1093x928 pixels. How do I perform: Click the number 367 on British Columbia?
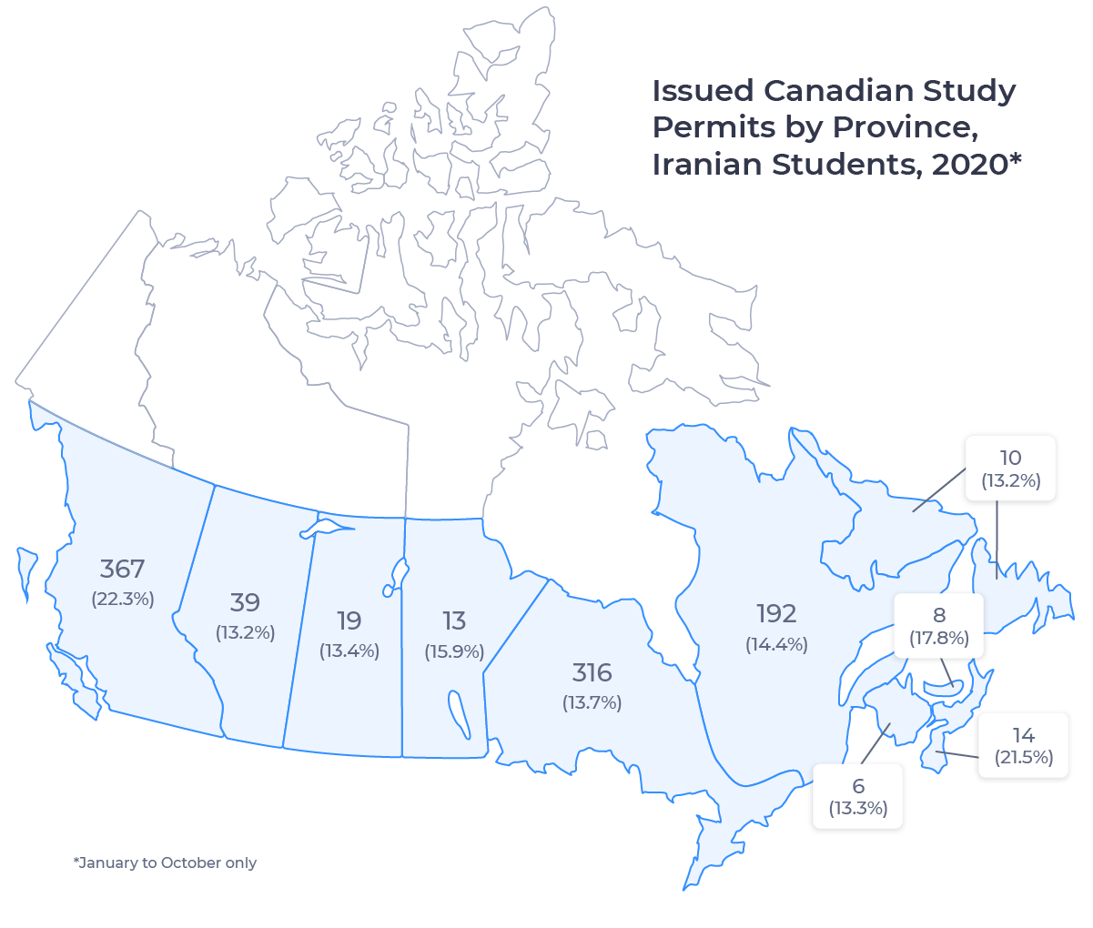click(x=122, y=570)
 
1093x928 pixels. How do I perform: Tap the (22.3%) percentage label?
click(x=122, y=599)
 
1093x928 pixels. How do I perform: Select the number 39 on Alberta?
click(x=245, y=602)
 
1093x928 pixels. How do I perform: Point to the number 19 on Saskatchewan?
click(x=349, y=620)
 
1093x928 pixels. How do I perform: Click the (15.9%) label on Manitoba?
click(x=454, y=651)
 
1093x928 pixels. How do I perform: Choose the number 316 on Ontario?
click(x=592, y=673)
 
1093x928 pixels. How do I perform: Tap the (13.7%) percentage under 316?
click(x=592, y=702)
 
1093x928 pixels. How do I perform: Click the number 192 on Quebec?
click(x=775, y=613)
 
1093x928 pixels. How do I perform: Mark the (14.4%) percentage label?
click(x=776, y=644)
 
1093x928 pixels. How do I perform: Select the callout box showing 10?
click(x=1010, y=469)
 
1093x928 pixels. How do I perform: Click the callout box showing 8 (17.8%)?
click(x=939, y=626)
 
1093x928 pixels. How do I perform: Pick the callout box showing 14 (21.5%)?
click(x=1023, y=745)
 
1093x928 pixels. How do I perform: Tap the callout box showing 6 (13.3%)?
click(x=858, y=796)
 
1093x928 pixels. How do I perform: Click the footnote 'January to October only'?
click(x=165, y=862)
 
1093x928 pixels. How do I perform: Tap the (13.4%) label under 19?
click(x=349, y=651)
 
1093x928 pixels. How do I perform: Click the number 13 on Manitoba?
click(x=454, y=620)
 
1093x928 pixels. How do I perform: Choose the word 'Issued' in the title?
click(x=703, y=91)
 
